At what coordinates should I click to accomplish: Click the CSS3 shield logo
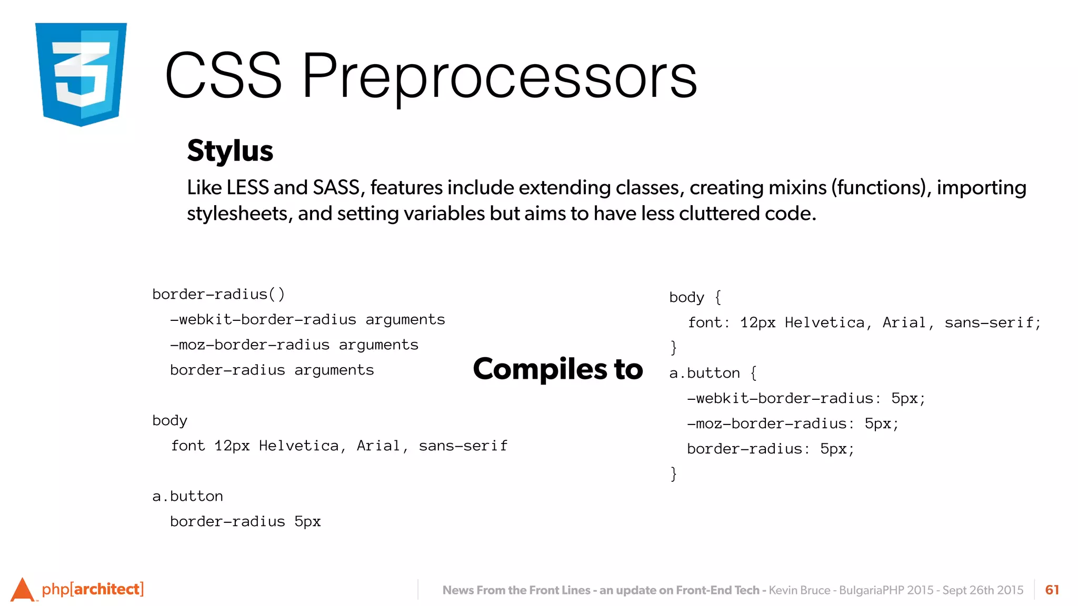pos(81,74)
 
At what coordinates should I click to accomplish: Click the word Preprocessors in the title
pos(499,76)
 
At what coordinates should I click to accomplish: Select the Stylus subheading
pos(230,151)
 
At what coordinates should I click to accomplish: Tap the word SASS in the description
pos(336,188)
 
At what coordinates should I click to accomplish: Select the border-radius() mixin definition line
pos(218,294)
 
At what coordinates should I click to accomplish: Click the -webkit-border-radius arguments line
pos(307,319)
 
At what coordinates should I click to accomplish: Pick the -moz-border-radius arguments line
pos(294,345)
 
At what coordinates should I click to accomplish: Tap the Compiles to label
pos(558,369)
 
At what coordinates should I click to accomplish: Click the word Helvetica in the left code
pos(299,446)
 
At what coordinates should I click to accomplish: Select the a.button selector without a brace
pos(187,496)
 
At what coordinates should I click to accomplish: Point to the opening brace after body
pos(718,297)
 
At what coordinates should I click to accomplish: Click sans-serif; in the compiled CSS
pos(992,322)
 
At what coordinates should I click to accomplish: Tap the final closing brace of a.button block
pos(673,473)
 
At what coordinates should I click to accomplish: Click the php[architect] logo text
pos(93,589)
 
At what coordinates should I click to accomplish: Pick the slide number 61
pos(1052,590)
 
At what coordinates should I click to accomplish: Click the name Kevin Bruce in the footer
pos(799,590)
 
